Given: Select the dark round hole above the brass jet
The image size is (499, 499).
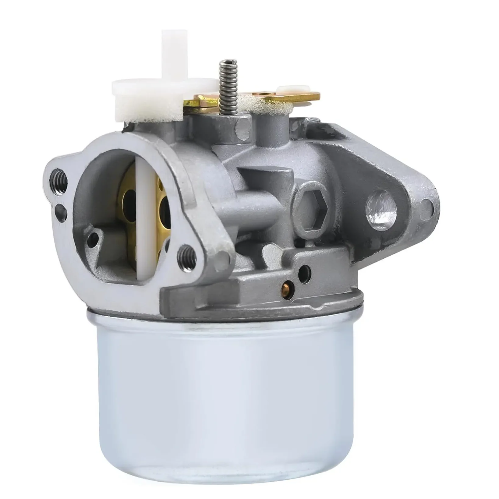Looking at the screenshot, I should pyautogui.click(x=304, y=270).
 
